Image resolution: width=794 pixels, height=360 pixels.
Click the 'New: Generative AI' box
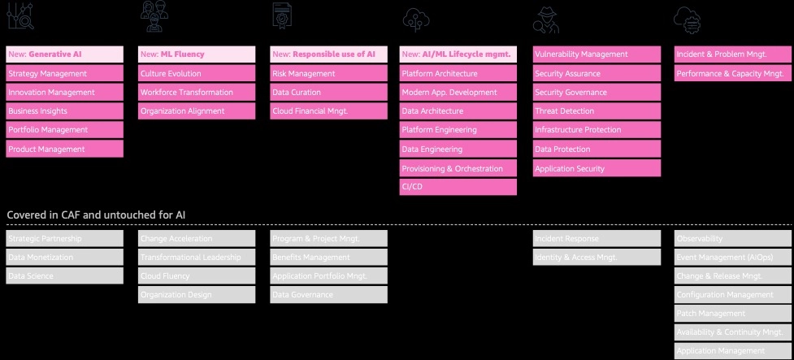tap(64, 54)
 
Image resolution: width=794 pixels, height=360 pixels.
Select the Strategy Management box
tap(64, 73)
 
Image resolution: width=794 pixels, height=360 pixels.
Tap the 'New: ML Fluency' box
tap(196, 54)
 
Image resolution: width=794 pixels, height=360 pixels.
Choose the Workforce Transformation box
tap(196, 93)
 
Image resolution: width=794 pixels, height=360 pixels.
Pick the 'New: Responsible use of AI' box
tap(328, 54)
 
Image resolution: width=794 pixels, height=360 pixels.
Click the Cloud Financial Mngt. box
tap(328, 111)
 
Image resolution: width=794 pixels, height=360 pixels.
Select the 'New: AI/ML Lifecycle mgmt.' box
tap(458, 54)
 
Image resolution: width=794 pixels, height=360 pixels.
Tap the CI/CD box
tap(458, 187)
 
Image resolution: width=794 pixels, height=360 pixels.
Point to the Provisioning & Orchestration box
tap(458, 168)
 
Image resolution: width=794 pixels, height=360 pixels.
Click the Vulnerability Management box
tap(597, 54)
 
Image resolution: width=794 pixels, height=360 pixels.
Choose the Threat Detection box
tap(597, 111)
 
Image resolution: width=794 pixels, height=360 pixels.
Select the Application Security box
tap(597, 168)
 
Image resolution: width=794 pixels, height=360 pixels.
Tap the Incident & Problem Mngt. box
tap(732, 54)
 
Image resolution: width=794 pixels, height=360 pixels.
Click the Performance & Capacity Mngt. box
tap(732, 73)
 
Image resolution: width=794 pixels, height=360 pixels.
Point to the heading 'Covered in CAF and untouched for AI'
tap(96, 215)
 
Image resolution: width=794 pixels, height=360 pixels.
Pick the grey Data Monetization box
tap(64, 258)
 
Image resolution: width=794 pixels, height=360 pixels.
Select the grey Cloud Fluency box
tap(196, 276)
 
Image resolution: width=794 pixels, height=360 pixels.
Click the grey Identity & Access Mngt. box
tap(597, 258)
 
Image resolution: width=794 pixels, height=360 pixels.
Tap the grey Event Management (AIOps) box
tap(732, 258)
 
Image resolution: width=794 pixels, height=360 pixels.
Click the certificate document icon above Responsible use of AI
tap(282, 17)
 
